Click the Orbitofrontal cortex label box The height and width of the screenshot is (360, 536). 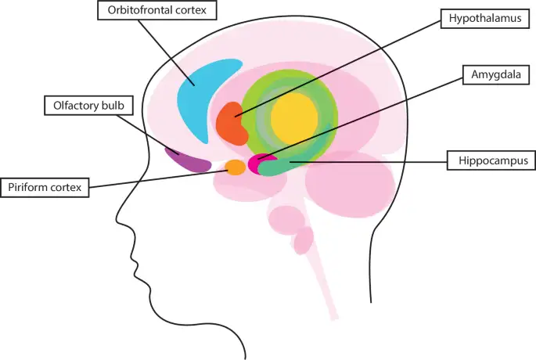[x=157, y=10]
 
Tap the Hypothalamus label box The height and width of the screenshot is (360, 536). [x=484, y=19]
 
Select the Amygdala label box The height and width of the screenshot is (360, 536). [x=496, y=74]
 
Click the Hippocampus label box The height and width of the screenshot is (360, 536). [x=491, y=160]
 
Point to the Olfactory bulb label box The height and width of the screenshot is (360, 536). [x=88, y=106]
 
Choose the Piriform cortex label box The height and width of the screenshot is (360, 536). [x=45, y=187]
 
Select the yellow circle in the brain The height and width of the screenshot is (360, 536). [x=295, y=118]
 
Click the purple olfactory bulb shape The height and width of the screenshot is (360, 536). [x=187, y=160]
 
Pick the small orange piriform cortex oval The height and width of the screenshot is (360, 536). [x=236, y=167]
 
